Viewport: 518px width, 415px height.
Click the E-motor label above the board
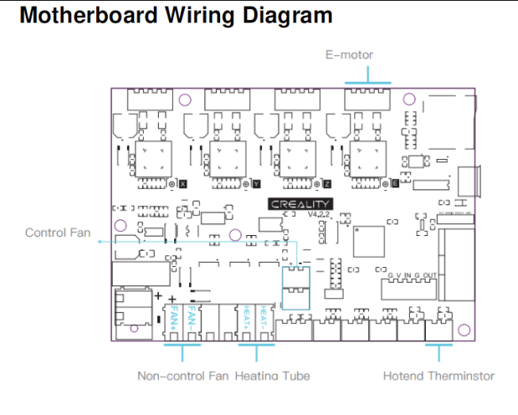pos(349,55)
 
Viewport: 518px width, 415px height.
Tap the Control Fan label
pos(58,233)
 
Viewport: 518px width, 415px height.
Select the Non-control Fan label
pos(182,376)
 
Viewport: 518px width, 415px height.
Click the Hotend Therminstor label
pos(439,376)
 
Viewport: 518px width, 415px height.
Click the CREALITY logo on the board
pos(300,203)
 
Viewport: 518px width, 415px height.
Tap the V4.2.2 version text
pos(319,215)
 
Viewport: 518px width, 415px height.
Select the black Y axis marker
pos(255,183)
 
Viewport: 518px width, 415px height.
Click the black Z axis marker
pos(326,183)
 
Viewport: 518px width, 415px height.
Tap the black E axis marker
pos(395,183)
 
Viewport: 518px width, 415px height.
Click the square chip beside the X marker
pos(154,157)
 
